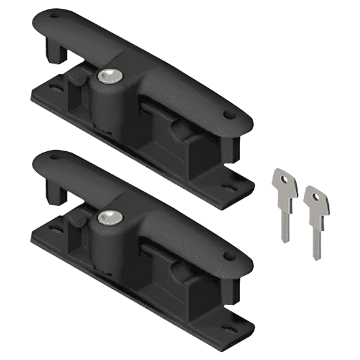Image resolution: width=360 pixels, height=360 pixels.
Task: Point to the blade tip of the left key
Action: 284,241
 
